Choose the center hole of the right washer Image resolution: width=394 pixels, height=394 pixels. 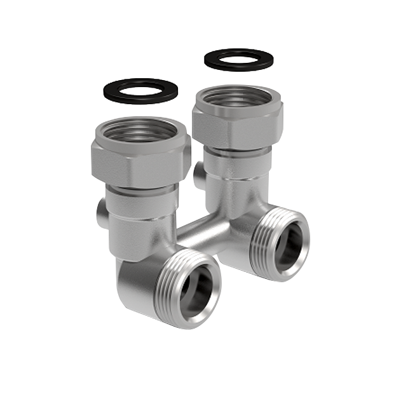click(x=238, y=58)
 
